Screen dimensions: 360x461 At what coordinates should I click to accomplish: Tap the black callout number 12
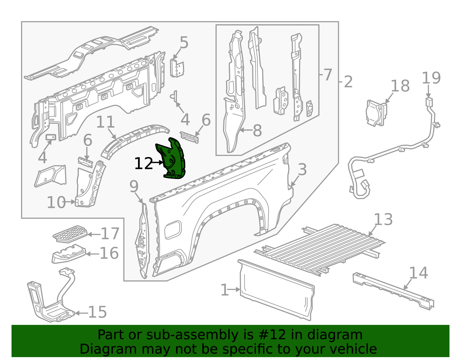pos(143,163)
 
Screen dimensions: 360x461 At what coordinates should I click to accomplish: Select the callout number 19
pos(431,78)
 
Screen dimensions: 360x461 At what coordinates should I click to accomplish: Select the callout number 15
pos(97,312)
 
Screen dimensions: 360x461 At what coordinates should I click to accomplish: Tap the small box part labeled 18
pos(376,113)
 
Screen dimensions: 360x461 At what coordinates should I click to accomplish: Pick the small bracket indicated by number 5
pos(177,68)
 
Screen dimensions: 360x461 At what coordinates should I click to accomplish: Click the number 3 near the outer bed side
pos(302,169)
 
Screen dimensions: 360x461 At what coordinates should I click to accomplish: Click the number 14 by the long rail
pos(418,273)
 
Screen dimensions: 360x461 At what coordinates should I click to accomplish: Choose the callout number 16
pos(109,253)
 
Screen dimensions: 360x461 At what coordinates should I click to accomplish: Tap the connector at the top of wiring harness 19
pos(429,102)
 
